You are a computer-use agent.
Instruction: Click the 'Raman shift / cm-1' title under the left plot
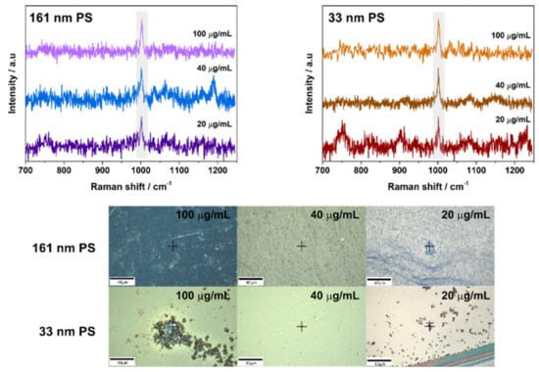(x=125, y=184)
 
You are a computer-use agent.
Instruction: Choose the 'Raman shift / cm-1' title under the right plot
(x=427, y=184)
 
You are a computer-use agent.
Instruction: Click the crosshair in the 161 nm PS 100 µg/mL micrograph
(x=172, y=246)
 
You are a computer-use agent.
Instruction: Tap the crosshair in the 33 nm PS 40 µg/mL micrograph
(x=302, y=326)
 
